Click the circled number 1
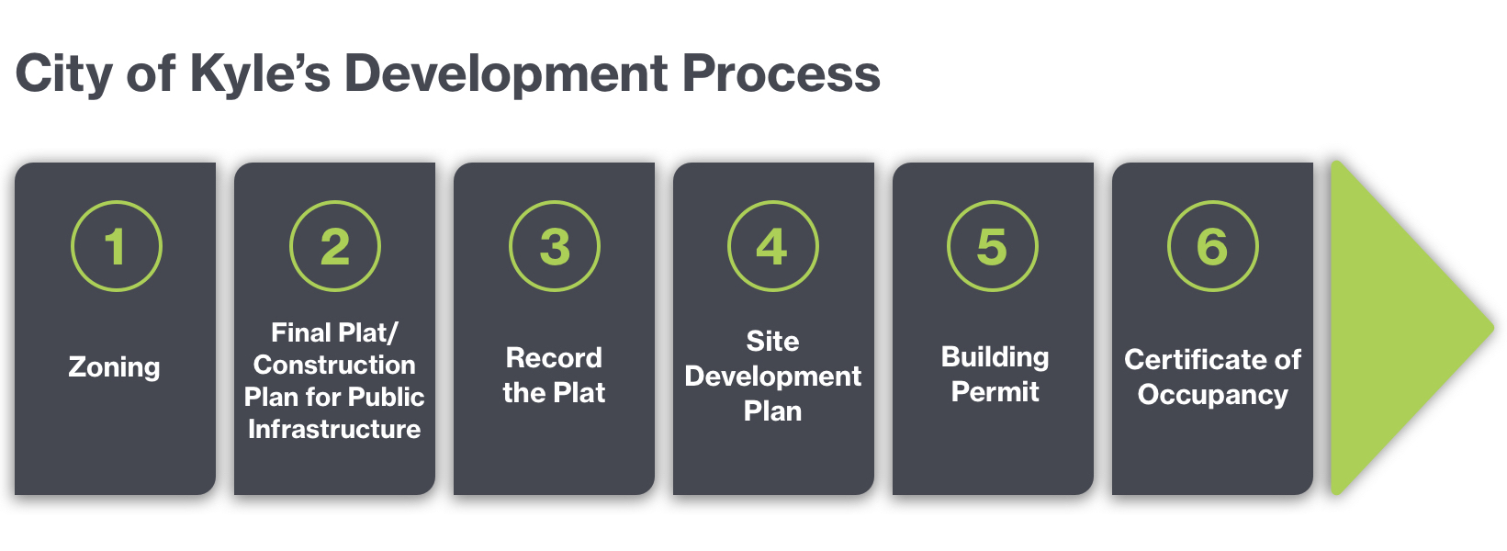116,246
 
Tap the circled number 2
335,246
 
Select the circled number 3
555,246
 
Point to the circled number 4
773,246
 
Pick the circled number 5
993,246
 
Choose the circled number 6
1212,246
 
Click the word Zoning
115,368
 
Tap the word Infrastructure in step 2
334,429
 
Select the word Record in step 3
554,358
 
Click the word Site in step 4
773,341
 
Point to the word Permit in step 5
995,391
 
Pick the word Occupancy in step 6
1212,396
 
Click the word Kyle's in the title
261,75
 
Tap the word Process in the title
782,74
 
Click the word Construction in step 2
334,365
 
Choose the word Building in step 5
995,358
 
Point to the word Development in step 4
773,377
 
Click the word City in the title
63,75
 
